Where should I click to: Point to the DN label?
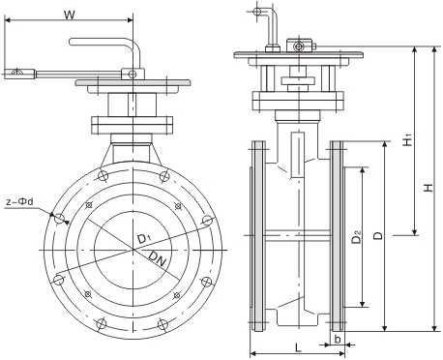tap(159, 257)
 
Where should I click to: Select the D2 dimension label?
tap(357, 235)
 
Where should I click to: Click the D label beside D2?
tap(378, 235)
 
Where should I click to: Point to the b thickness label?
tap(337, 341)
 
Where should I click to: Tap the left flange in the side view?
tap(258, 237)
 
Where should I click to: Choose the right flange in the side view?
tap(338, 237)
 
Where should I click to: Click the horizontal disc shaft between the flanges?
tap(298, 232)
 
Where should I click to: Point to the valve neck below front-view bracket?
tap(132, 152)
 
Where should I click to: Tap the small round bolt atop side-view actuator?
tap(300, 45)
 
